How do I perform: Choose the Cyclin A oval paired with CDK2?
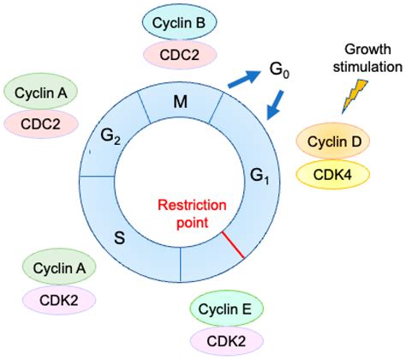pos(60,267)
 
